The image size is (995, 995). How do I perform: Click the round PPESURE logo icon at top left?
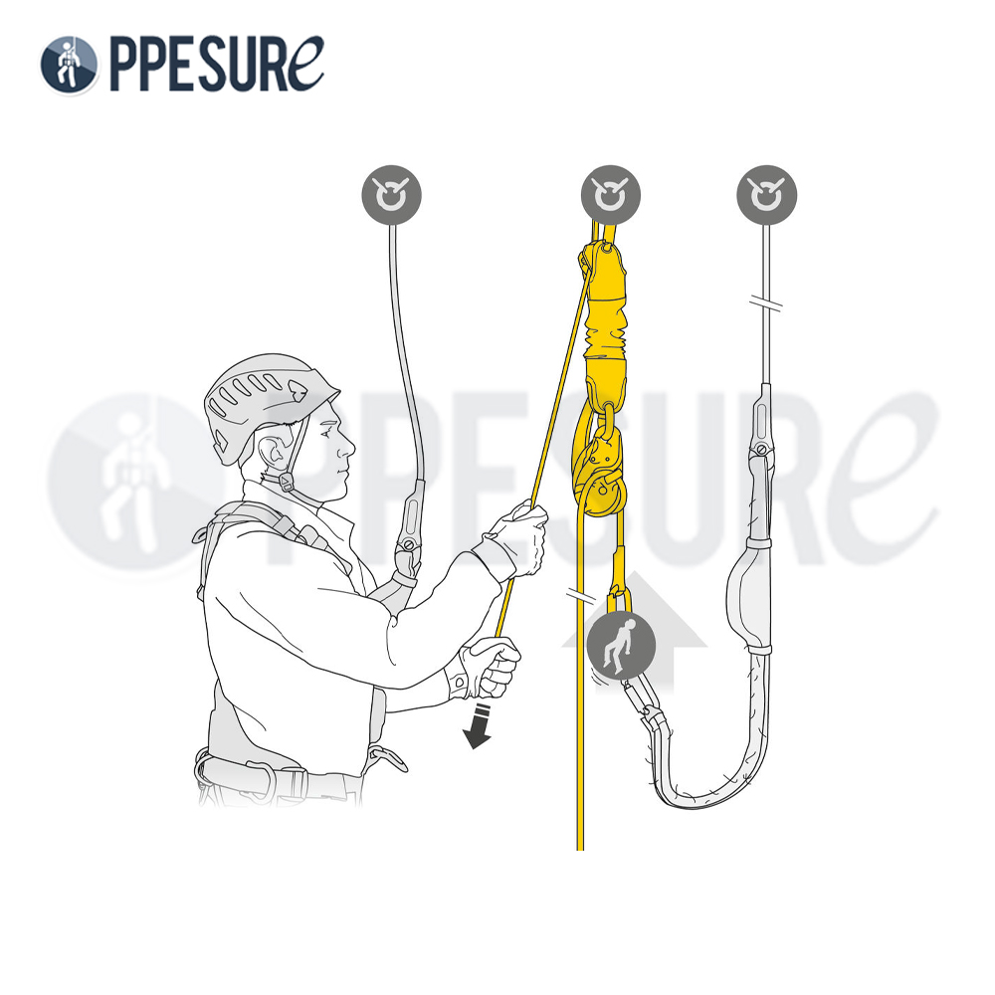pyautogui.click(x=70, y=65)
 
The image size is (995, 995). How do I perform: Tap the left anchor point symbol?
pyautogui.click(x=391, y=195)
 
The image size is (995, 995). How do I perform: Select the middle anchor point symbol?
pyautogui.click(x=611, y=195)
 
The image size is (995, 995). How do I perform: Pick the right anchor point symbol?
pyautogui.click(x=766, y=195)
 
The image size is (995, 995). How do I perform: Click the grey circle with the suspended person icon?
pyautogui.click(x=621, y=646)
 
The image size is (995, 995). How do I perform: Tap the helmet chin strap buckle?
pyautogui.click(x=287, y=483)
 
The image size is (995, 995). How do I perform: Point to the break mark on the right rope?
pyautogui.click(x=765, y=302)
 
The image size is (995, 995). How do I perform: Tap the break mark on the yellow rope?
pyautogui.click(x=581, y=595)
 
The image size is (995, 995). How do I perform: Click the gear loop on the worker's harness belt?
pyautogui.click(x=386, y=757)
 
